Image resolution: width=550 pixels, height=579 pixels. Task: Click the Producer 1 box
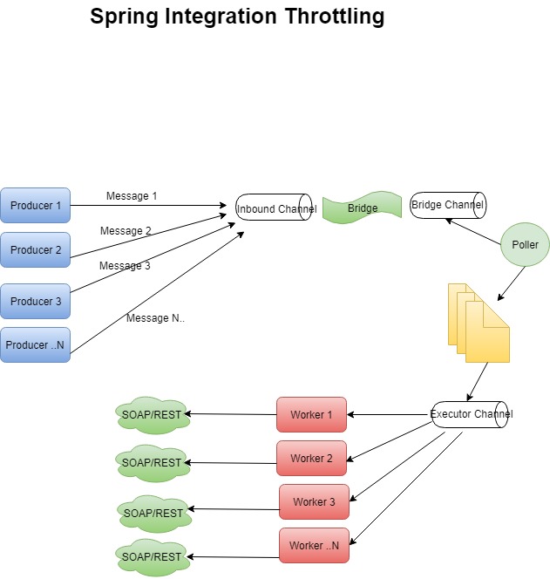(35, 206)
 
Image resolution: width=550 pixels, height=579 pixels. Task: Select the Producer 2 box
(35, 250)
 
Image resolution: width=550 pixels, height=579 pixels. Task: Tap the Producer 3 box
(35, 301)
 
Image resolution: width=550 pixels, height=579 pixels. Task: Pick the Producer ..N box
(35, 345)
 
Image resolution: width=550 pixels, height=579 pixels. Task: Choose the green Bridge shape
(362, 209)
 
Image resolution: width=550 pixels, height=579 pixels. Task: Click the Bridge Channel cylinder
(447, 205)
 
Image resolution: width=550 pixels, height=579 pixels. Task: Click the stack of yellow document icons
(479, 323)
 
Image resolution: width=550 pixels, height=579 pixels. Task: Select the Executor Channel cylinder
(472, 414)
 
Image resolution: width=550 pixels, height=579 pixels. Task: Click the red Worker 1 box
(311, 415)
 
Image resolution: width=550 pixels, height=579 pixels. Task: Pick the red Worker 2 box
(311, 459)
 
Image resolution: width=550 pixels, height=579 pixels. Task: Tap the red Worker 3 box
(314, 502)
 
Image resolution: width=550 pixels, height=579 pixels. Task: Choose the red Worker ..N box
(314, 546)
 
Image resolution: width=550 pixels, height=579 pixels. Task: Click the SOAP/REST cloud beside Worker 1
(152, 415)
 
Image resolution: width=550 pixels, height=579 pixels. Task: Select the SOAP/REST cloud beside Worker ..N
(152, 556)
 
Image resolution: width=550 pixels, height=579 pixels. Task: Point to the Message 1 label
(132, 196)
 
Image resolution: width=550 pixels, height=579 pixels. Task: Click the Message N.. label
(155, 318)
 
